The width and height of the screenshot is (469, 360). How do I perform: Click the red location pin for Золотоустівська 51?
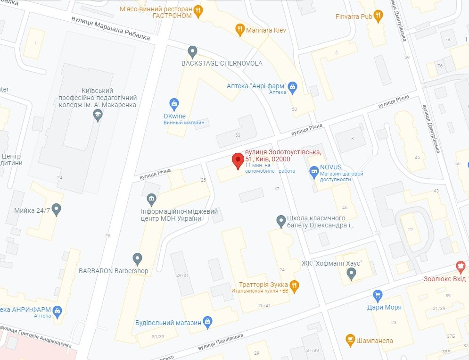point(238,160)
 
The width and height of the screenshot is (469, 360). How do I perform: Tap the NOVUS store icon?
point(313,172)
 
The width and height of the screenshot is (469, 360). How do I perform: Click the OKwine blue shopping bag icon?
point(174,103)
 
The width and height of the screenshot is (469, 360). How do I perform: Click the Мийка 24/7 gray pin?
point(57,209)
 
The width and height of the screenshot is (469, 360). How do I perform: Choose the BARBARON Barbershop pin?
point(137,259)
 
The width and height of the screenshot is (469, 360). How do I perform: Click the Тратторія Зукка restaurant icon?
point(295,285)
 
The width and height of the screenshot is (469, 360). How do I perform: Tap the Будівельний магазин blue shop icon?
point(208,323)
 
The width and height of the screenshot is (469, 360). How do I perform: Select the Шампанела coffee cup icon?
point(350,340)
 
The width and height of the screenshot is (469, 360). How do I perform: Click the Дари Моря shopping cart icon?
point(377,295)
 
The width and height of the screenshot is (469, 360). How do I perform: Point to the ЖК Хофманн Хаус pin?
point(351,273)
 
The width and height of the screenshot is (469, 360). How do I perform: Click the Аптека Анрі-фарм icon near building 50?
point(293,86)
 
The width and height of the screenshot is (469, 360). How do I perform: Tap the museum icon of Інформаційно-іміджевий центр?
point(151,199)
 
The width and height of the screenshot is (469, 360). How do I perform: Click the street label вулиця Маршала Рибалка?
point(111,29)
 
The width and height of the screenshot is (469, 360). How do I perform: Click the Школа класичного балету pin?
point(280,220)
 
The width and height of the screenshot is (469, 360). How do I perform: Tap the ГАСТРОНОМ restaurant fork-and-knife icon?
point(198,11)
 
